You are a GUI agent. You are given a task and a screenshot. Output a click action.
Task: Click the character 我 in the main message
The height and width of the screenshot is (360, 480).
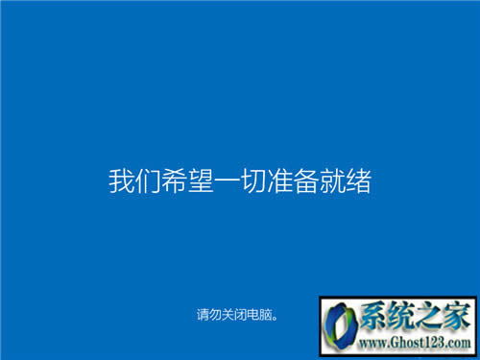tap(120, 180)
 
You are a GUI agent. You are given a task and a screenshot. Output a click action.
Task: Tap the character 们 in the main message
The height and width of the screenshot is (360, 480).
tap(147, 180)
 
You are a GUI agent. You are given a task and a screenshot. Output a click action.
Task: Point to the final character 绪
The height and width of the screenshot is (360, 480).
tap(360, 180)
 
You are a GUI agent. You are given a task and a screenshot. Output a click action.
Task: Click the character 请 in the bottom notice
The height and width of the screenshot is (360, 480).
tap(203, 314)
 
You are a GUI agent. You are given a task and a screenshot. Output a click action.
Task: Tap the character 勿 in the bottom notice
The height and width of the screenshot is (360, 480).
tap(216, 314)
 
